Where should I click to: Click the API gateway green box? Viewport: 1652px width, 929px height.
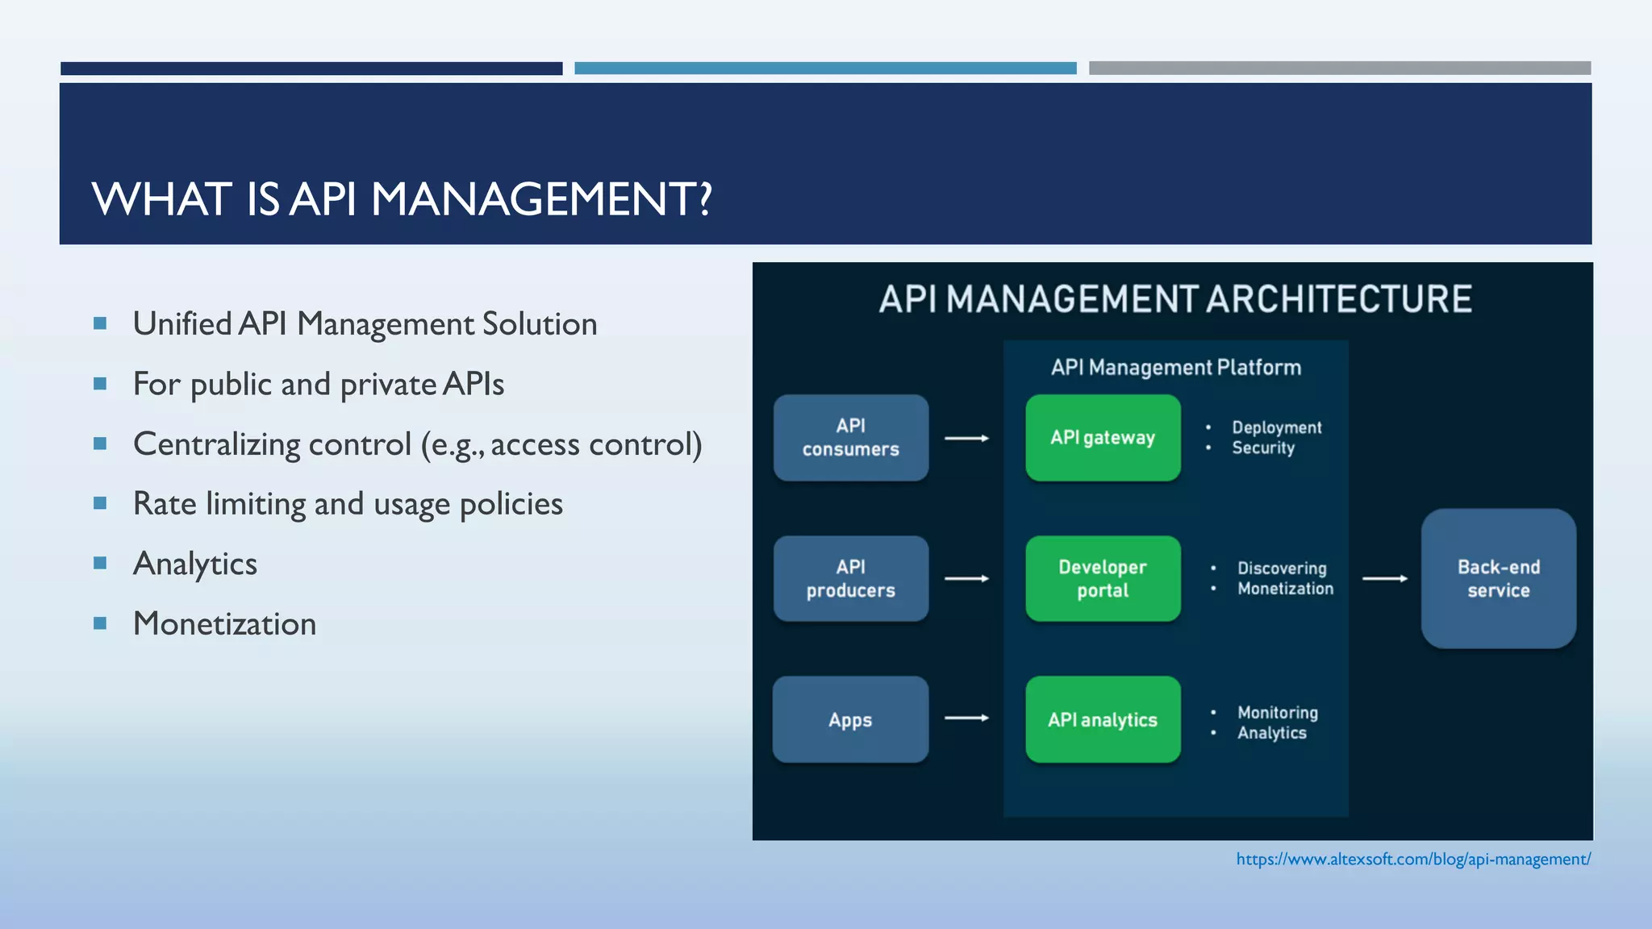click(1103, 438)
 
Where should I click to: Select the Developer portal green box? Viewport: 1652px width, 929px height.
click(1103, 578)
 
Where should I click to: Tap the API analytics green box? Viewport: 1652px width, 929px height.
click(1103, 719)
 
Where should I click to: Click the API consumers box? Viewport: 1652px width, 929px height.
click(851, 438)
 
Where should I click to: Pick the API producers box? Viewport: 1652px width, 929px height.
click(851, 578)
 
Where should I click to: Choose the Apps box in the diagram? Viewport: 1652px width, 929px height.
click(851, 719)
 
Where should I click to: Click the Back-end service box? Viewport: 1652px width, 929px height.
click(1498, 578)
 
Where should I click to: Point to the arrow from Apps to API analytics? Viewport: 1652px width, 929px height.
click(966, 718)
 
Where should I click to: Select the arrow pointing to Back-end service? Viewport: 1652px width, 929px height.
click(1385, 578)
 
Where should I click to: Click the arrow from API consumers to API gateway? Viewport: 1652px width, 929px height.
click(966, 438)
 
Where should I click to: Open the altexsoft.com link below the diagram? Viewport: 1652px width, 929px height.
click(1413, 860)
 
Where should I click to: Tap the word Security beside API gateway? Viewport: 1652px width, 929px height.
click(1263, 448)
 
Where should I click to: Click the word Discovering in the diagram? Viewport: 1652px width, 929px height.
click(1282, 569)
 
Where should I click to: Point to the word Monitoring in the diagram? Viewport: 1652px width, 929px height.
click(1278, 713)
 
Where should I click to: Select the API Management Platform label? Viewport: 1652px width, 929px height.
click(1175, 368)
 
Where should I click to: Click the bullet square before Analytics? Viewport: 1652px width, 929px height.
click(100, 563)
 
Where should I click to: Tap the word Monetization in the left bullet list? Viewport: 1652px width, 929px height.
click(224, 624)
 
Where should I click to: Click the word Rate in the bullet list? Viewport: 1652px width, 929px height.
click(165, 504)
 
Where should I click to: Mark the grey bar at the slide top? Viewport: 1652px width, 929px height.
click(1339, 69)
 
